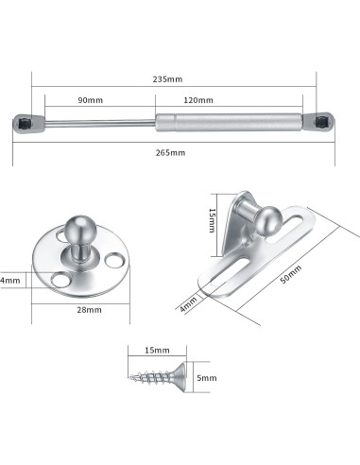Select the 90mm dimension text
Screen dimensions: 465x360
pos(89,100)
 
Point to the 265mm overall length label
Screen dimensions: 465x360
pos(174,152)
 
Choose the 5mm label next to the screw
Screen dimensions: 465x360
pos(205,378)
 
